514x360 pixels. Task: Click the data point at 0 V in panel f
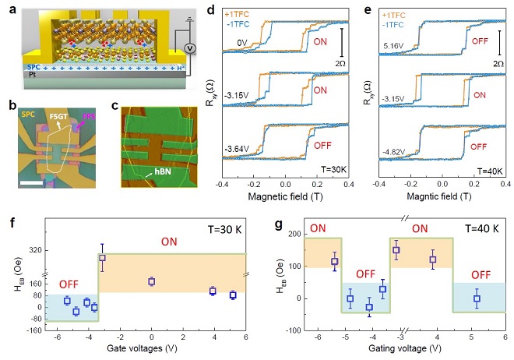point(152,281)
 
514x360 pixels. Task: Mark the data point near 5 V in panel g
point(477,298)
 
